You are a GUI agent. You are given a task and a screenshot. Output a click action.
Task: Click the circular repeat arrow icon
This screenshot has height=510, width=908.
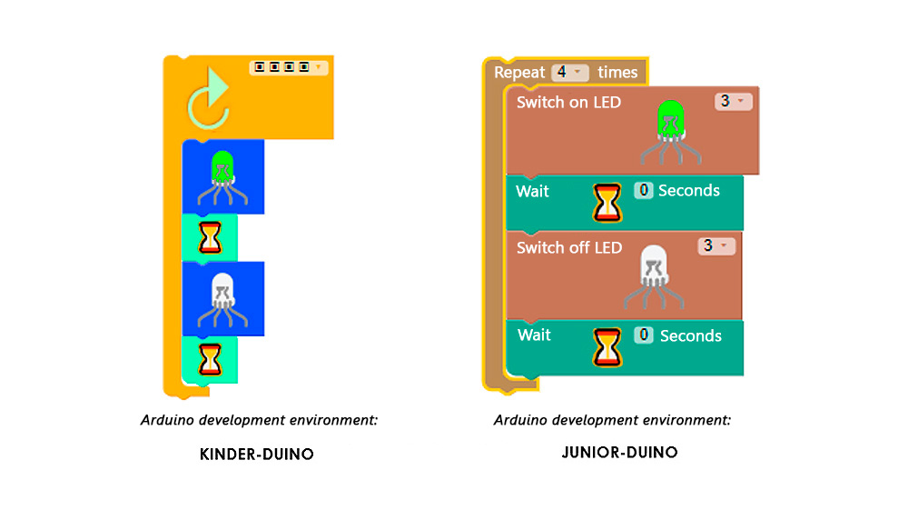coord(208,105)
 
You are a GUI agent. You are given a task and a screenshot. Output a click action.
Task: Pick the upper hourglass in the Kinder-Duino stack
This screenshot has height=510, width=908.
coord(211,238)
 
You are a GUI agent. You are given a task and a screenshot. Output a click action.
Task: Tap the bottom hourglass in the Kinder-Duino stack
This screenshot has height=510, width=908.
coord(211,360)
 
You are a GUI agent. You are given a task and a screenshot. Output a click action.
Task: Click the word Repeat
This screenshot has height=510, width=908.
coord(519,73)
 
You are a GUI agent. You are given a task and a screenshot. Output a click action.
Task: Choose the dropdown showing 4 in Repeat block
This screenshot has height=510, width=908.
coord(570,73)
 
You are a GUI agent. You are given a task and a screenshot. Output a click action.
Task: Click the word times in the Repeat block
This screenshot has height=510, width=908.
coord(617,73)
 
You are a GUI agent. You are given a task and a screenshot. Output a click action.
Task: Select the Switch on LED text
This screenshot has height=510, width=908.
coord(568,103)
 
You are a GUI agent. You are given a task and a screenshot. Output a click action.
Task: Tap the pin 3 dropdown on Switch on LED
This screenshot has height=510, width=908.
coord(733,102)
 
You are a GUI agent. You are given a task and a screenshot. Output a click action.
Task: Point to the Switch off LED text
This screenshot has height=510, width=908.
coord(569,248)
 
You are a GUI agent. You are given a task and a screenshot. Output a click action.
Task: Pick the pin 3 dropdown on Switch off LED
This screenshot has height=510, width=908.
coord(716,246)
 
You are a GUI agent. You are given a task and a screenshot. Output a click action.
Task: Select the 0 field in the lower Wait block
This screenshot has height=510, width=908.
coord(645,335)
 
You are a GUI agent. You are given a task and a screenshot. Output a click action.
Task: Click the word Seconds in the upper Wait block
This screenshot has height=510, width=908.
coord(688,191)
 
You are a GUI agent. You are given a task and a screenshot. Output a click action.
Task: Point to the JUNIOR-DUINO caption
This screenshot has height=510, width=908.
coord(620,452)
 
